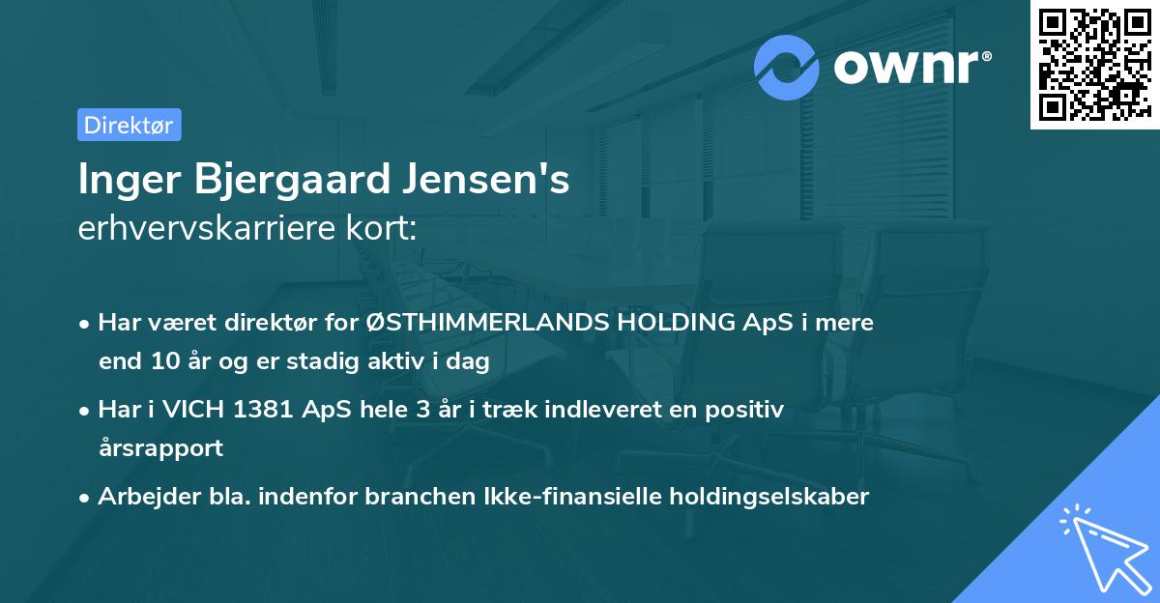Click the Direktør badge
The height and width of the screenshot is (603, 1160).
click(129, 125)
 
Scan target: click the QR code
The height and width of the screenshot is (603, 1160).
click(1093, 65)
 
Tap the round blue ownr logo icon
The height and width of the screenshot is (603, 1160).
click(787, 67)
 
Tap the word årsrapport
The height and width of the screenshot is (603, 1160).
click(160, 448)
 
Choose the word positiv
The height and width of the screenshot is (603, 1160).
click(745, 410)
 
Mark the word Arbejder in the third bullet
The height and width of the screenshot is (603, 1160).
click(141, 497)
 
